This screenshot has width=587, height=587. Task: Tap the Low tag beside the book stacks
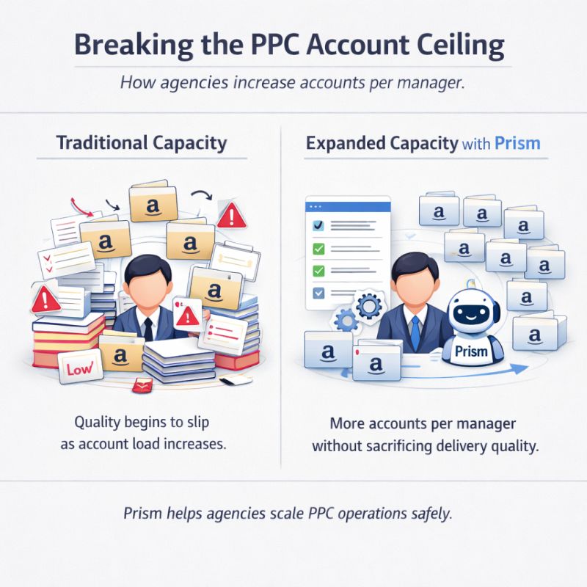click(78, 369)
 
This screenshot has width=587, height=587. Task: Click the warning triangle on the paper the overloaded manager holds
click(188, 316)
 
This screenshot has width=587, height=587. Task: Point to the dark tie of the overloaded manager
click(147, 328)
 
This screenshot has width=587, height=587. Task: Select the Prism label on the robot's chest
click(471, 351)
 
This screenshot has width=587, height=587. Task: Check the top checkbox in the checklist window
click(318, 226)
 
